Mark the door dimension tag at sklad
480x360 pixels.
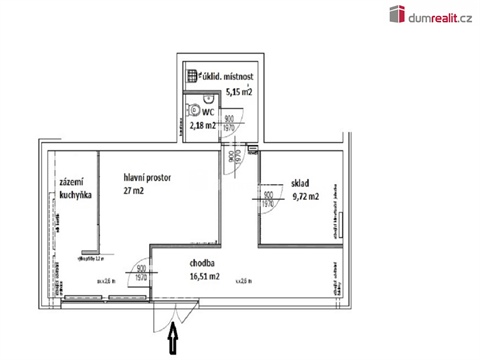click(x=268, y=198)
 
